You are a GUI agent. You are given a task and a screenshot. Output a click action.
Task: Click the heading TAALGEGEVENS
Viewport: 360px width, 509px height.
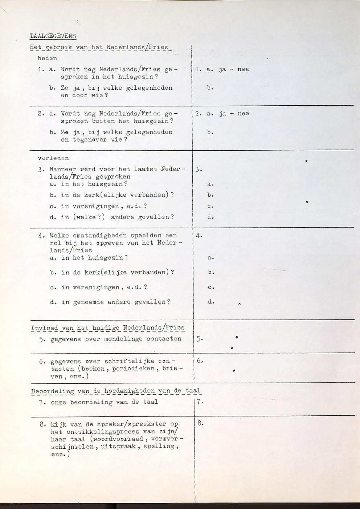53,36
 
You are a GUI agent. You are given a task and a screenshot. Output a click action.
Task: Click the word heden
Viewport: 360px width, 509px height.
47,58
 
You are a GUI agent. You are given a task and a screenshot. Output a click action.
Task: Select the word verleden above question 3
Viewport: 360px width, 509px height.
53,158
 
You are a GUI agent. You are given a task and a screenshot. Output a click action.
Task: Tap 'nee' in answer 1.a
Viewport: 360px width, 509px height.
243,69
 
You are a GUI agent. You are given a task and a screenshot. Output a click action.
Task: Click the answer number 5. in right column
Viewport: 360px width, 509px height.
200,339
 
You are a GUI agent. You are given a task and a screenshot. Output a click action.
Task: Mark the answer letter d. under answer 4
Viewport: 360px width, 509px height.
211,302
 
